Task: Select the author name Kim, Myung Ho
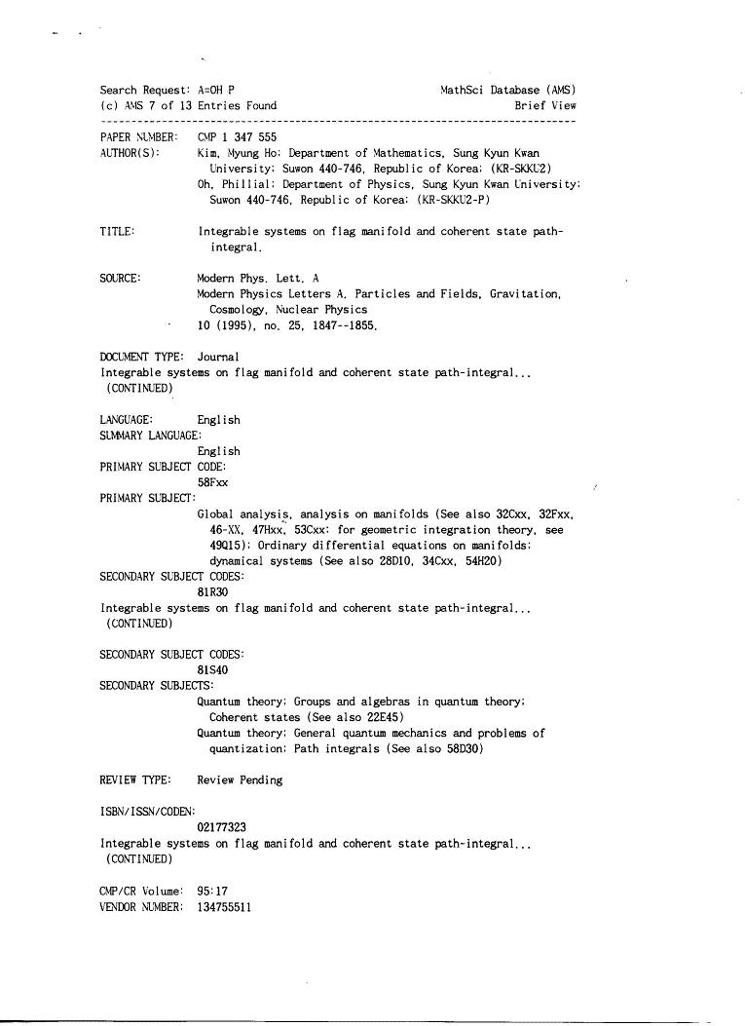(238, 153)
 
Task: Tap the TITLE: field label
(117, 232)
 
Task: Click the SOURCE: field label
(120, 279)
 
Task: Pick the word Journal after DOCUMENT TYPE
(218, 357)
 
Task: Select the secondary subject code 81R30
(213, 592)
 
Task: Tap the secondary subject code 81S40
(213, 670)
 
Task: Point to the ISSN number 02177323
(221, 827)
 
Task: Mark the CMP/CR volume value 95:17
(213, 891)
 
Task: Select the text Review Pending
(240, 780)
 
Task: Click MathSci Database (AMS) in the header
(507, 91)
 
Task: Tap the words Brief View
(545, 105)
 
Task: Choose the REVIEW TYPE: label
(135, 780)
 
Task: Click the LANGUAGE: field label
(127, 420)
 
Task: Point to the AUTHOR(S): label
(130, 153)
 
